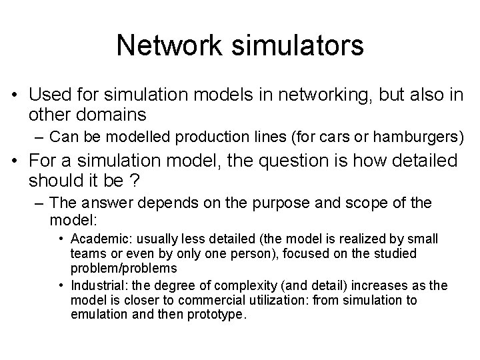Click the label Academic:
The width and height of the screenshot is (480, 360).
(95, 239)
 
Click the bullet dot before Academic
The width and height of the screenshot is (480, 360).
(61, 239)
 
